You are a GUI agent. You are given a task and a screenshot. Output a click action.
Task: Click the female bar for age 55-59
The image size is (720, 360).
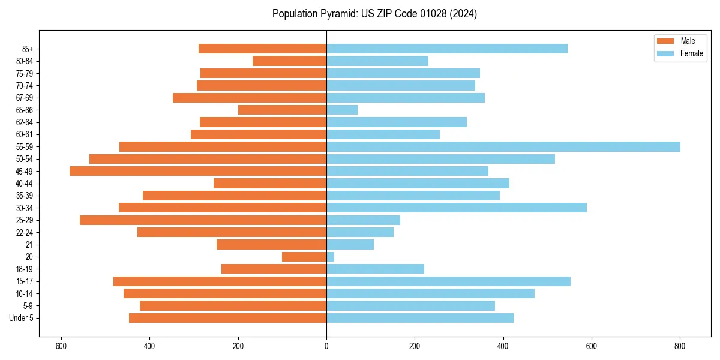[503, 147]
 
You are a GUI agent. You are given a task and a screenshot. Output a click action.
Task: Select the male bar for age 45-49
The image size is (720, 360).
[198, 171]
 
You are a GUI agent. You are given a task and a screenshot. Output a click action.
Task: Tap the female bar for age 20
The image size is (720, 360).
[330, 257]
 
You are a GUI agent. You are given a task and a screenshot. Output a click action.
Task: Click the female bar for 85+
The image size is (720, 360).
[446, 49]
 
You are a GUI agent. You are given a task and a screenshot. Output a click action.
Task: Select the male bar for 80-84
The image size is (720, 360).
[289, 61]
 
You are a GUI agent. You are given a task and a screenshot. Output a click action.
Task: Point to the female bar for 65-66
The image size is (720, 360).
[342, 110]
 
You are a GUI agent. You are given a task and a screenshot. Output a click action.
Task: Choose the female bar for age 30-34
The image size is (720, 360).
[456, 208]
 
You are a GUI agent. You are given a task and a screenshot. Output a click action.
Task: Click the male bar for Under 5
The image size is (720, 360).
[227, 318]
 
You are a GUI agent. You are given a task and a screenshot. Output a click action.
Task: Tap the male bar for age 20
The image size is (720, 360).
[304, 257]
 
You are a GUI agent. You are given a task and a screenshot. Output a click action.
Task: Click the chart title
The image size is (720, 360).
[374, 14]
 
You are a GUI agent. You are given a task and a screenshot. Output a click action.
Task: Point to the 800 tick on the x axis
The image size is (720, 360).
[680, 346]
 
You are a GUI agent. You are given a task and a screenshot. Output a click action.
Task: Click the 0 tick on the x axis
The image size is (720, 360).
[326, 346]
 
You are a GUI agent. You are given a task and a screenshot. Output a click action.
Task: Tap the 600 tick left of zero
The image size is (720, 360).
[61, 346]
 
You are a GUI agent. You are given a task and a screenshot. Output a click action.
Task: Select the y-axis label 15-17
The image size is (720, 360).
[25, 281]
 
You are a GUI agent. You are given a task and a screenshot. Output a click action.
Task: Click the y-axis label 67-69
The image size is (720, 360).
[25, 98]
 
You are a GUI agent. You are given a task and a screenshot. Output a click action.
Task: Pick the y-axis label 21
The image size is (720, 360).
[29, 245]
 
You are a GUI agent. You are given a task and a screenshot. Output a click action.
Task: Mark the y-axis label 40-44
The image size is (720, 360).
[25, 184]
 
